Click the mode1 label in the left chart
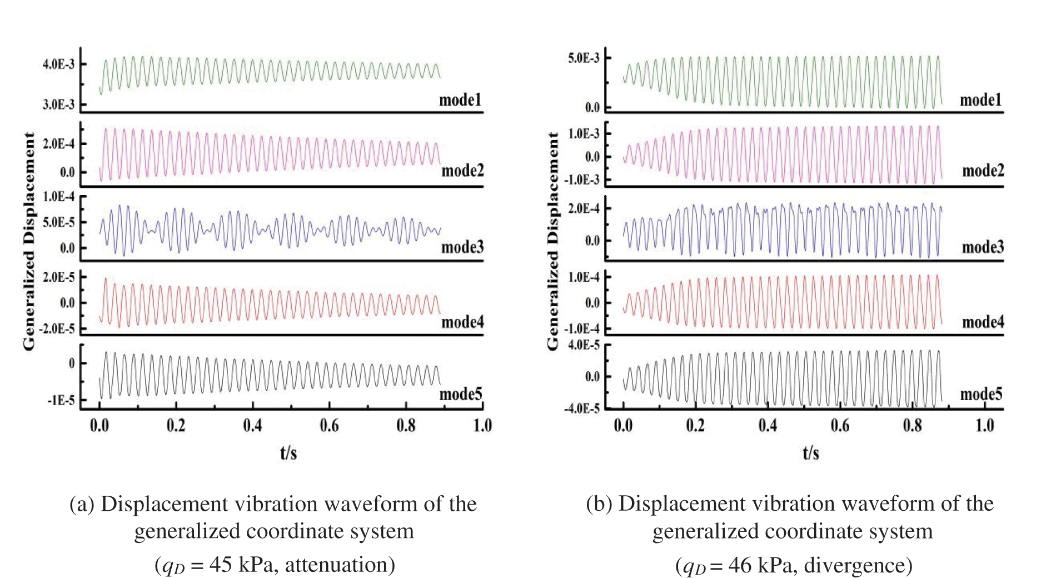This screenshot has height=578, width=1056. (460, 100)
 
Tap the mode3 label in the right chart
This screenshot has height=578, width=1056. (983, 247)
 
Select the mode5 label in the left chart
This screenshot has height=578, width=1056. (460, 394)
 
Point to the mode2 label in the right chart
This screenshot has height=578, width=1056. (983, 170)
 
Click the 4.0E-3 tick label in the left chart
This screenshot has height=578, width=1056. (58, 64)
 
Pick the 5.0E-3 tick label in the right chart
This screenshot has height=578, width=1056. (584, 58)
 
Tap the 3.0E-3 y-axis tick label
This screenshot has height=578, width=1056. (58, 104)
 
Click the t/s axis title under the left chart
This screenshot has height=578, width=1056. (288, 453)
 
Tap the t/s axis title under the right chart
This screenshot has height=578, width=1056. (811, 453)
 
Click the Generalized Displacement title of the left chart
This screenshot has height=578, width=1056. (29, 241)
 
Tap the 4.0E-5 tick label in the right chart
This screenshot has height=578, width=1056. (584, 345)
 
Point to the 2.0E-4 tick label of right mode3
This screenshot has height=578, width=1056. (584, 208)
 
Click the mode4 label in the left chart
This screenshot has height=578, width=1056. (462, 322)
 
